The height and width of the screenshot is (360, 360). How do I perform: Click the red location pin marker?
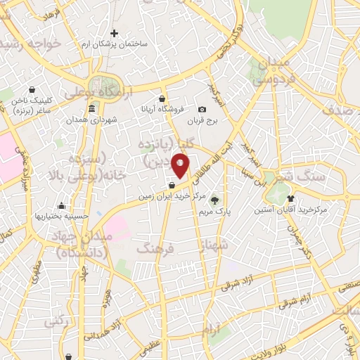click(x=181, y=166)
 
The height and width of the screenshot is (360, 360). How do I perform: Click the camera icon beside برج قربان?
click(x=202, y=109)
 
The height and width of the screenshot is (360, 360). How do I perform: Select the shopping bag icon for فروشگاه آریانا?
click(x=162, y=98)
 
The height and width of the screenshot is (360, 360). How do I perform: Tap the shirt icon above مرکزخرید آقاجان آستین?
click(x=309, y=198)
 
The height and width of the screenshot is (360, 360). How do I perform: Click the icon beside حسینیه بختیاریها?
click(x=62, y=206)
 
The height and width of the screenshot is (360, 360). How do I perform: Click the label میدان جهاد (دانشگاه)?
click(x=78, y=245)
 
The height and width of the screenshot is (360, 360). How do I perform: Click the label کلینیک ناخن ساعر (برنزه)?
click(x=35, y=106)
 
